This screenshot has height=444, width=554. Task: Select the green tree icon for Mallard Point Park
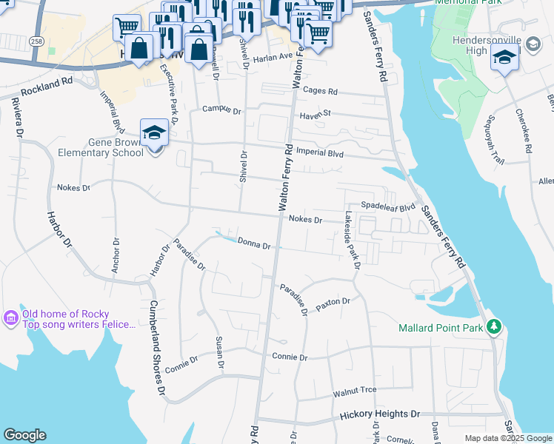(x=494, y=326)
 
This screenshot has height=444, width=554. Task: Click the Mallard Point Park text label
(x=440, y=327)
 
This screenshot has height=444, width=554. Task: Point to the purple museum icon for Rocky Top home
(x=11, y=317)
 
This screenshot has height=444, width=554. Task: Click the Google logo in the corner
(x=25, y=435)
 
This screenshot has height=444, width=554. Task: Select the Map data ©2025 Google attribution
(x=507, y=438)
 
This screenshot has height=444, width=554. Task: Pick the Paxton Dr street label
(x=332, y=303)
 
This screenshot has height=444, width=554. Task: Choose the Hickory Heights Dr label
(x=380, y=414)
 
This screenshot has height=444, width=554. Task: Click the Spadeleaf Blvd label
(x=388, y=206)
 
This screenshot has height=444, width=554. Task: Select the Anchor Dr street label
(x=116, y=255)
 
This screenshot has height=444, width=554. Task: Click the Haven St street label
(x=315, y=115)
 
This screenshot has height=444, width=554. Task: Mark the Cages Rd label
(x=323, y=92)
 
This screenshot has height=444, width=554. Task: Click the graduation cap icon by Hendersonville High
(x=504, y=57)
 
